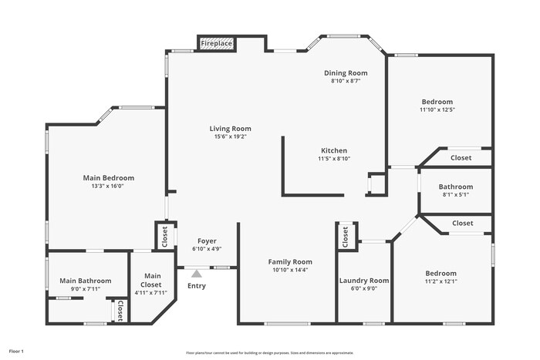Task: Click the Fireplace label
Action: point(217,44)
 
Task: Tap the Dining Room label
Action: point(345,72)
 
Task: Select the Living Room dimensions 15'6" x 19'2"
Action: point(230,137)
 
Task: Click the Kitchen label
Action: point(334,150)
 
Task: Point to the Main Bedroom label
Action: point(109,178)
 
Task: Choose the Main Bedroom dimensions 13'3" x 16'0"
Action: point(109,186)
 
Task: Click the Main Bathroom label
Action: point(86,281)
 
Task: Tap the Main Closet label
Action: point(152,280)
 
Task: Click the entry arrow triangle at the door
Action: point(197,273)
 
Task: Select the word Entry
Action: point(197,287)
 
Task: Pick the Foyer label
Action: point(207,241)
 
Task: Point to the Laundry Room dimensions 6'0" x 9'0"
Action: point(364,289)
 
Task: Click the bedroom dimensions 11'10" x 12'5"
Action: point(437,110)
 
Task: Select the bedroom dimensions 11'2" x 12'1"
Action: point(440,281)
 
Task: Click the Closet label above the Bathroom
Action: point(461,157)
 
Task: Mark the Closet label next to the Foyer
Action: point(164,236)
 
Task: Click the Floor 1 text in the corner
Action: point(16,352)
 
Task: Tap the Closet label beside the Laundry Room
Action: point(346,237)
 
